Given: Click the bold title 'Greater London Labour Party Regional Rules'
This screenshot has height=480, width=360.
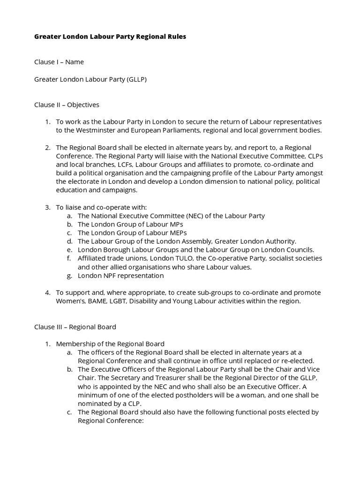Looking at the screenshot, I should (110, 37).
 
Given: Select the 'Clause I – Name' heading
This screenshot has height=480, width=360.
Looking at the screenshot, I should (59, 62).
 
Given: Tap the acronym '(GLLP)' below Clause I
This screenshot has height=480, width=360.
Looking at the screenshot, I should (136, 79).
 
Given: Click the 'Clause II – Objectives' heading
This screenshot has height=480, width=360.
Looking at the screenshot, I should (67, 105).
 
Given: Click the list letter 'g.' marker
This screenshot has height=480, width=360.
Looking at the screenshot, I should (69, 276).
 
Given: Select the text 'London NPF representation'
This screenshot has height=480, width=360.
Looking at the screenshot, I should (120, 276).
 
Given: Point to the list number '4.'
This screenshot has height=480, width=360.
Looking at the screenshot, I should (47, 292).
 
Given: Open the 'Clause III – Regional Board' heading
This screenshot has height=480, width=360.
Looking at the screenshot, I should (75, 327).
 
